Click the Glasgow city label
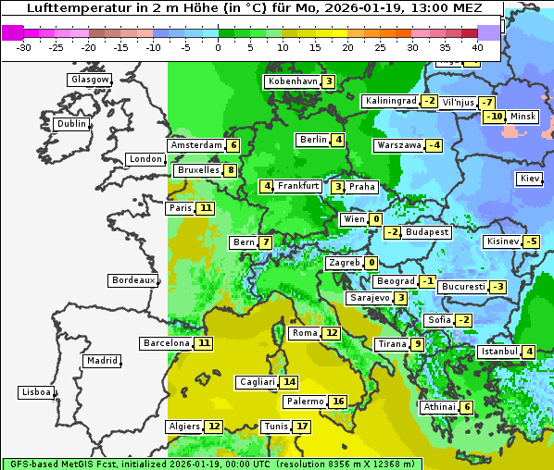point(89,80)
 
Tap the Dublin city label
point(70,124)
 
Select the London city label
point(145,159)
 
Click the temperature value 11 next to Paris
point(205,208)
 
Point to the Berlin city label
point(313,140)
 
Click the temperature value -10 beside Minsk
point(495,117)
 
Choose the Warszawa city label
point(397,145)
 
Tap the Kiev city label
point(530,178)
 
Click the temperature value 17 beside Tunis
point(302,427)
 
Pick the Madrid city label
point(101,361)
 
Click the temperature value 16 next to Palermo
point(338,402)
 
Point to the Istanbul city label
point(498,352)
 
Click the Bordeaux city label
point(132,280)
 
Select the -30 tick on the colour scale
point(24,47)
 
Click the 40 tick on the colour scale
point(477,47)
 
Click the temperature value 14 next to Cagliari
point(290,382)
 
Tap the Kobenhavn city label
point(292,81)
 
